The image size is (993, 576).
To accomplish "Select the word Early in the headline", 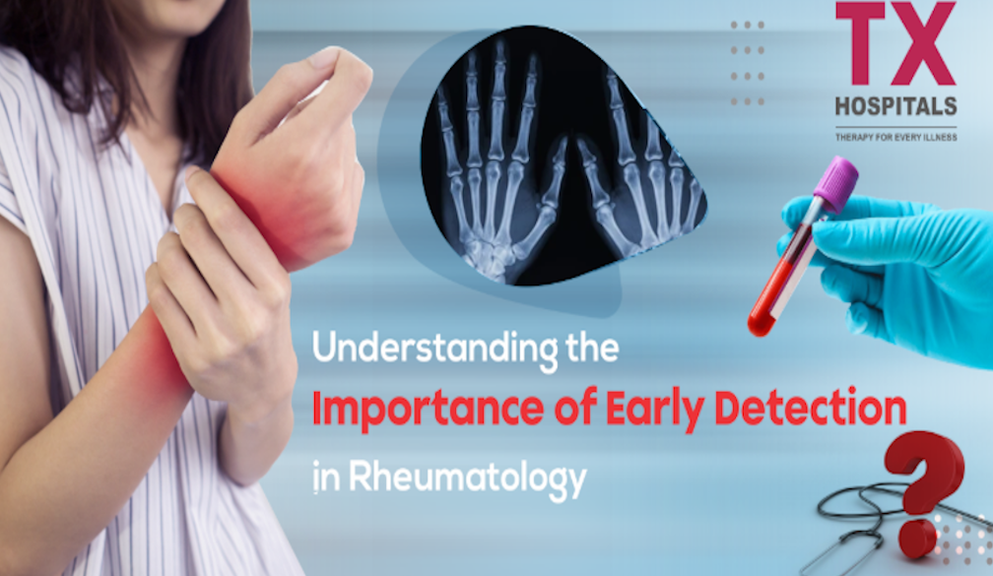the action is pos(654,412).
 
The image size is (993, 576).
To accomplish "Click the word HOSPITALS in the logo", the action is pos(895,106).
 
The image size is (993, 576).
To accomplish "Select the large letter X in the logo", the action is pos(923,43).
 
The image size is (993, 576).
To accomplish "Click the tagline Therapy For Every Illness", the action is pos(895,137).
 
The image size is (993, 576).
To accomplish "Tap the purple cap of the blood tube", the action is pos(836,184).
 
